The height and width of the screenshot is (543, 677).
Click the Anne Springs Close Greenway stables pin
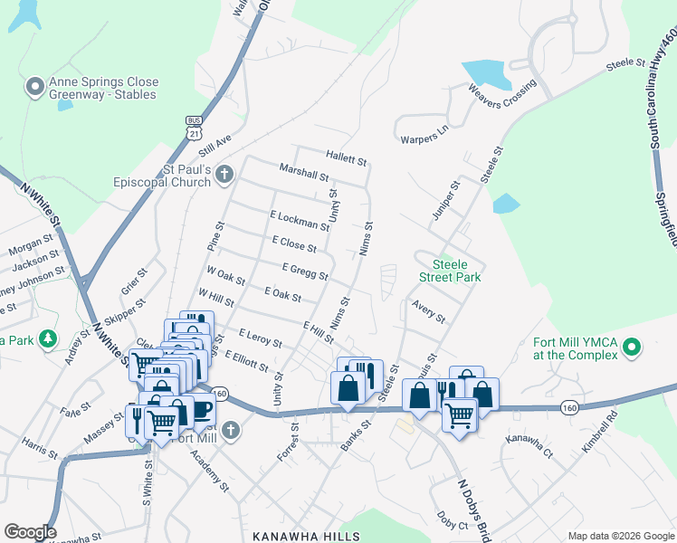35,87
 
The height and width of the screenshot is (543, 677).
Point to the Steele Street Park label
449,271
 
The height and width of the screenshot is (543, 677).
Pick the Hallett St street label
348,161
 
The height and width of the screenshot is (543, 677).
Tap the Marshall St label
303,173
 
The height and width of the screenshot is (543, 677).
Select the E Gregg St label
304,271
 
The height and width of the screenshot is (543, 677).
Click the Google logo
30,532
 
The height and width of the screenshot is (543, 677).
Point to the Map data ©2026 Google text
620,536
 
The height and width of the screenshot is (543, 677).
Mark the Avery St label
428,312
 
